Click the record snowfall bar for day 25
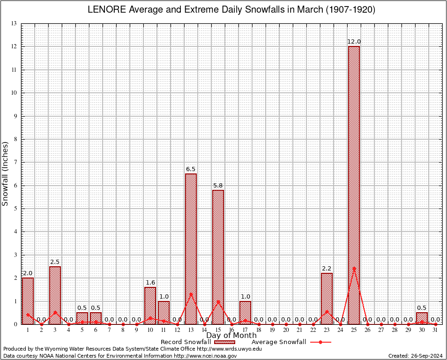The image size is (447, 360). pos(354,185)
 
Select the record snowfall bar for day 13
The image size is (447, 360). pos(191,248)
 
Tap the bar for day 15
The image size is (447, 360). pos(218,257)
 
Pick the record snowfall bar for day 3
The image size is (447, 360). pos(55,295)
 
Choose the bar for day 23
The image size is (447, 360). pos(327,299)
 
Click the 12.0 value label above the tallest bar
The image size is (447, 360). pos(354,42)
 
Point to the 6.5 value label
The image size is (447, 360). pos(191,169)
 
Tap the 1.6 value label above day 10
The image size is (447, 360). pos(150,282)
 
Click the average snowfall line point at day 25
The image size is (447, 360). pos(354,268)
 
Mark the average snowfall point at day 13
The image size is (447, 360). pos(191,294)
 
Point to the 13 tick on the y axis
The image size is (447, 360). pos(14,23)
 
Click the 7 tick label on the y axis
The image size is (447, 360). pos(15,162)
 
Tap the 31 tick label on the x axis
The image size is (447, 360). pos(435,330)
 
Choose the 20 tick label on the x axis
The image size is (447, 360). pos(286,330)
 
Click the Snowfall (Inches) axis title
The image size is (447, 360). pos(6,173)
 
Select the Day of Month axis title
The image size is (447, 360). pos(231,335)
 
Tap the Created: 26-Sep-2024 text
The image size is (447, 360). pos(415,356)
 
